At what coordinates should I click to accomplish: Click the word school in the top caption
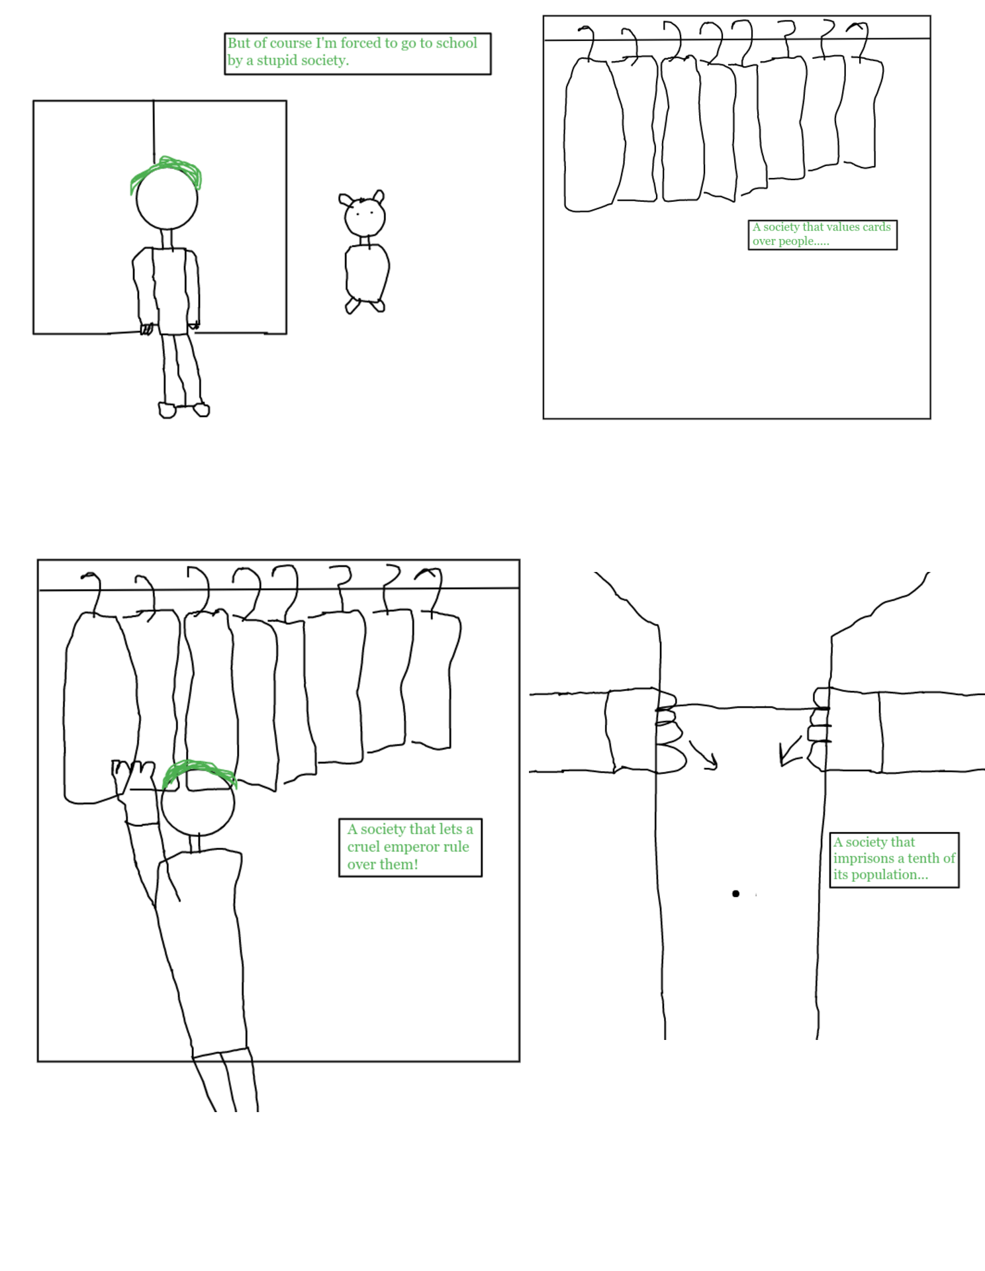456,43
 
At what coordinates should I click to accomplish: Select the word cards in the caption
876,227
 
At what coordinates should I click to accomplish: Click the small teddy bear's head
363,213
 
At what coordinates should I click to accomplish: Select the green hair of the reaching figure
199,773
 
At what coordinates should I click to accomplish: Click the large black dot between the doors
735,894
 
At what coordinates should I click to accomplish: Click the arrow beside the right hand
790,751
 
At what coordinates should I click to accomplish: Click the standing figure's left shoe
167,410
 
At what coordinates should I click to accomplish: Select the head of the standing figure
167,197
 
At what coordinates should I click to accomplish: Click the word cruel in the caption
363,847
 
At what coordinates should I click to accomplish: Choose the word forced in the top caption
361,43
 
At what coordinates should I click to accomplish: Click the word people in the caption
797,242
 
